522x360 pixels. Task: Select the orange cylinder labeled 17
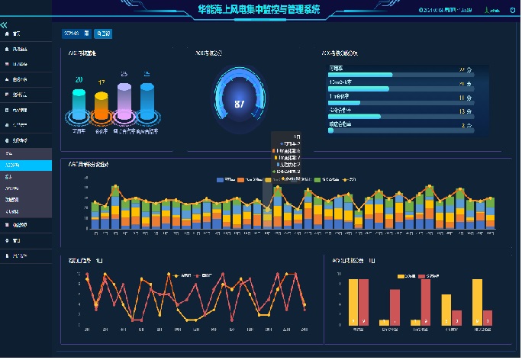click(x=101, y=104)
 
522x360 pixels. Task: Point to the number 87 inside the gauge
click(x=240, y=104)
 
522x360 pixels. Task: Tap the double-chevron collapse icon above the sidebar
click(x=5, y=25)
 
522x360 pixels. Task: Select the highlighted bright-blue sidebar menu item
click(x=26, y=165)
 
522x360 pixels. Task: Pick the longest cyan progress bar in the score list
click(x=361, y=75)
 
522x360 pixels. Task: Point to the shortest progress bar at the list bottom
click(x=331, y=130)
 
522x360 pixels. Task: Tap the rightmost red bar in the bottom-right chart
click(x=488, y=317)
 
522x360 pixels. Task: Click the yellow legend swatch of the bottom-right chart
click(x=401, y=275)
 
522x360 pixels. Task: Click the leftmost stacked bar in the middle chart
click(x=95, y=216)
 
